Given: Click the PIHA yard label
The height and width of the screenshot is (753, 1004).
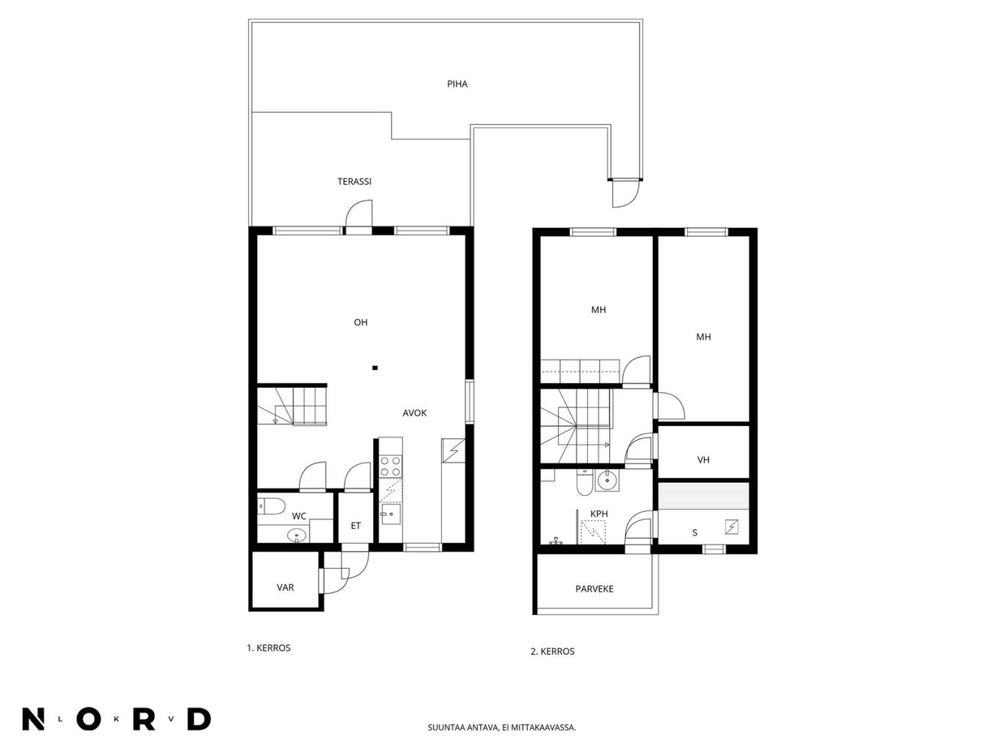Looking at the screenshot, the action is click(457, 84).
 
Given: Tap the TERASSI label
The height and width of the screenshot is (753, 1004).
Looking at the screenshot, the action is click(354, 181).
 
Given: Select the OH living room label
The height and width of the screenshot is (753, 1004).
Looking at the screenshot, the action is click(360, 323).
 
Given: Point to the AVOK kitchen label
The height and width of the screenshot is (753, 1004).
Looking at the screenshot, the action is click(415, 413).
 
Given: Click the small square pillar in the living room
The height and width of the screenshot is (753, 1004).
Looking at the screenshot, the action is click(375, 367).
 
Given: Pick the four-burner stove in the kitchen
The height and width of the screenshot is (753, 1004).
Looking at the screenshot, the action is click(390, 466).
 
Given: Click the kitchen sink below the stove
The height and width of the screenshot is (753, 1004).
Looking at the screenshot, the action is click(391, 514).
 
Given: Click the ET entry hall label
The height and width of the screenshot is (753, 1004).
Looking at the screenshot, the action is click(356, 526).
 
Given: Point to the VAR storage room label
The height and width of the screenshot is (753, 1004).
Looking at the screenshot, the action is click(285, 588).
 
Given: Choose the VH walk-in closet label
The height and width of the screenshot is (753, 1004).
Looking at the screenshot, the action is click(703, 460).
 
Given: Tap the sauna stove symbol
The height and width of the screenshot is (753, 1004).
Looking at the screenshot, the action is click(731, 527).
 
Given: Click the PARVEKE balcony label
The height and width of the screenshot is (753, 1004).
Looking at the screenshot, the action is click(594, 589).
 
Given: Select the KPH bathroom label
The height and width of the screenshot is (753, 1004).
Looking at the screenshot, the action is click(599, 514).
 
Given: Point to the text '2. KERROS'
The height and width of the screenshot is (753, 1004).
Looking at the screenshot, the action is click(552, 652).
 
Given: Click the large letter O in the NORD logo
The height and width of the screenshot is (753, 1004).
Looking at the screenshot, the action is click(88, 719).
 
